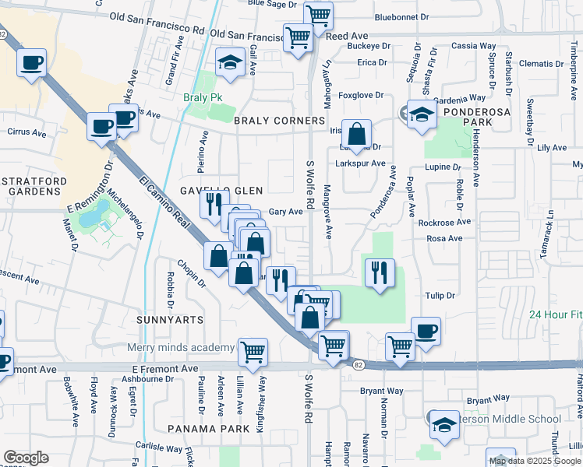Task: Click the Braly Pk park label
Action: (x=198, y=98)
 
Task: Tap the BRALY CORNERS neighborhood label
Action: (x=278, y=121)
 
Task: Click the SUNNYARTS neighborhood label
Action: (x=168, y=320)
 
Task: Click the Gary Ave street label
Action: (x=284, y=212)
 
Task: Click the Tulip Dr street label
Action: (x=440, y=295)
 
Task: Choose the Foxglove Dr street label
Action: (x=362, y=96)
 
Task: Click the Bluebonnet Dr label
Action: (x=401, y=16)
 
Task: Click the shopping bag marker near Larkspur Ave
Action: (x=356, y=135)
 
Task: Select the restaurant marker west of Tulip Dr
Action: (x=380, y=273)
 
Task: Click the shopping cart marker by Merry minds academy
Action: (x=253, y=352)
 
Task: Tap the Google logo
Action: (x=26, y=458)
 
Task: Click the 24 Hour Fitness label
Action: (x=555, y=314)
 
